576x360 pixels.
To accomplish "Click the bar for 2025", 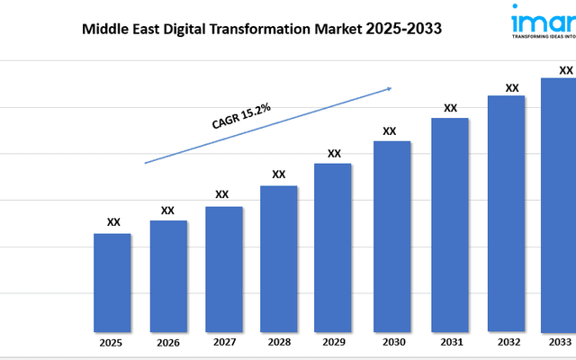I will (112, 282).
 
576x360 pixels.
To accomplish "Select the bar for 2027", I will (223, 268).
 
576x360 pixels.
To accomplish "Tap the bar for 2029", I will (333, 247).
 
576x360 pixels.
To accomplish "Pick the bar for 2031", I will (450, 224).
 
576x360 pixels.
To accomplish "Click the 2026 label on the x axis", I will (168, 343).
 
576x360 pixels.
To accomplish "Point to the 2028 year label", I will (278, 343).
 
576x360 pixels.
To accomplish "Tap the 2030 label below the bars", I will (391, 343).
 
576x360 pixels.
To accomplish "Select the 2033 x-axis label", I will (559, 343).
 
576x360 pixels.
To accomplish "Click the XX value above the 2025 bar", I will (113, 221).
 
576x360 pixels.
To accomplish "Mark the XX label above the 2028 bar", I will (279, 174).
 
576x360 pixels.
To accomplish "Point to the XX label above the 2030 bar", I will (390, 130).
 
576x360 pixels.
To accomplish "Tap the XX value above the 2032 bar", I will (512, 88).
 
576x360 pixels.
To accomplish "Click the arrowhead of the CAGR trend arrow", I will (389, 88).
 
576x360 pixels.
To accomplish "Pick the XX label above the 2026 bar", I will (167, 210).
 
